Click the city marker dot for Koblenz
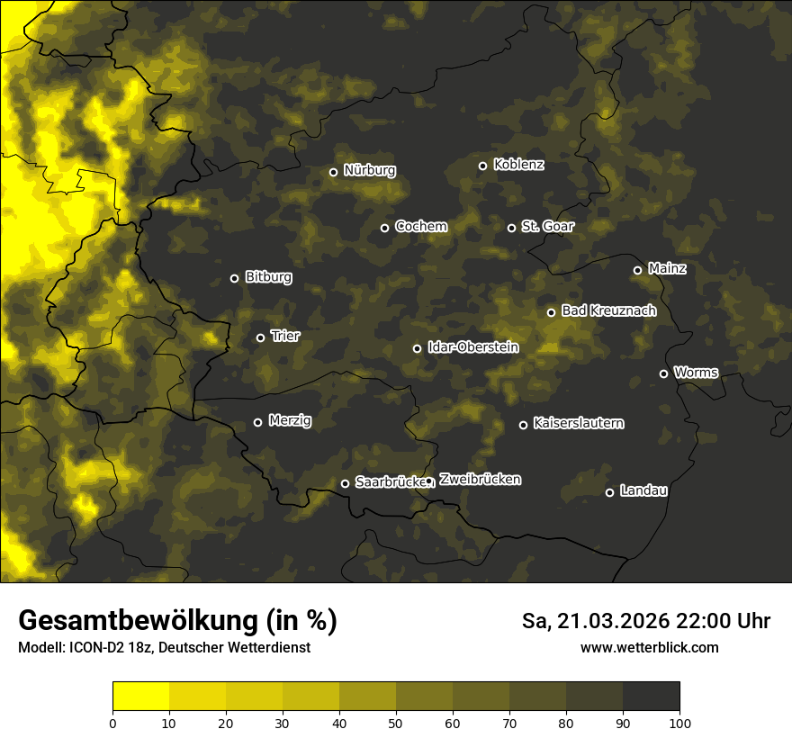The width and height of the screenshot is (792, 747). pos(482,166)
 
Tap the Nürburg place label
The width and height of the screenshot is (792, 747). pos(369,170)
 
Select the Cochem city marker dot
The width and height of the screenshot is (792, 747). pos(384,228)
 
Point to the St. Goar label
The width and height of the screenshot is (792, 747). pos(547,226)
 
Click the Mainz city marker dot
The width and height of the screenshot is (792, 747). pos(637,270)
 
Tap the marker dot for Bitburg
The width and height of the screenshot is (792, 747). pos(234,278)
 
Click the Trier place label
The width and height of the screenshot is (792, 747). pos(285,336)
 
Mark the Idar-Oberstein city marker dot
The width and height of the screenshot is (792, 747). pos(417,348)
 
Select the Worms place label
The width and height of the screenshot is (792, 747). pos(696,372)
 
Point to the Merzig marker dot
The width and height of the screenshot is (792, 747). pos(257,422)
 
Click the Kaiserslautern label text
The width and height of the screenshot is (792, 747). pos(578,423)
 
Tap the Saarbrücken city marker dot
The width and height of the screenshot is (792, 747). pos(345,483)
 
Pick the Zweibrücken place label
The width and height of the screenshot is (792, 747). pos(480,479)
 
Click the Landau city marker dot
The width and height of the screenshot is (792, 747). pos(609,492)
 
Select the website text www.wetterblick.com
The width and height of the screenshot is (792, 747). pos(649,647)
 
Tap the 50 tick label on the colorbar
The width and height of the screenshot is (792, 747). pos(396,722)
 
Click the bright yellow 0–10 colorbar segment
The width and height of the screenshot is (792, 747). pos(141,697)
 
